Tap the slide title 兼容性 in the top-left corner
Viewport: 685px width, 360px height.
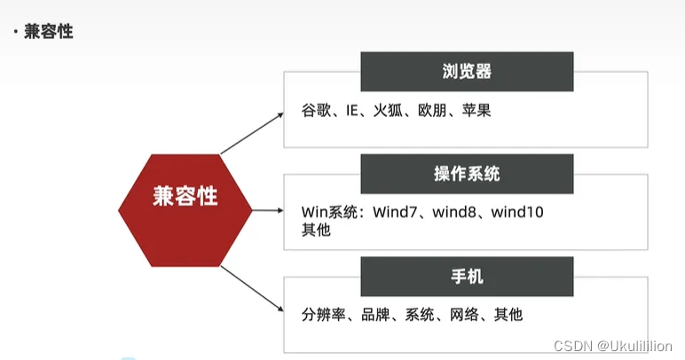pos(48,32)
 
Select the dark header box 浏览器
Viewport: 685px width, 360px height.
pos(467,72)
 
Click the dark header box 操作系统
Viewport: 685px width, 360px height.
pos(467,174)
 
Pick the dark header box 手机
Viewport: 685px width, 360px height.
pos(467,277)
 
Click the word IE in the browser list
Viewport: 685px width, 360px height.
pos(353,112)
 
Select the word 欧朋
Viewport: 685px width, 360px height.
pos(433,112)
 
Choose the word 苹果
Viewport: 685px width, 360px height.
pos(476,112)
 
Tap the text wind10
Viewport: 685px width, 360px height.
pos(517,213)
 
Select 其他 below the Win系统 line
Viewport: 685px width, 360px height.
pos(316,229)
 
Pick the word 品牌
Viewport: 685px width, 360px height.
pos(377,315)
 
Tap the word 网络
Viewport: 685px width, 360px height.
pos(464,315)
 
